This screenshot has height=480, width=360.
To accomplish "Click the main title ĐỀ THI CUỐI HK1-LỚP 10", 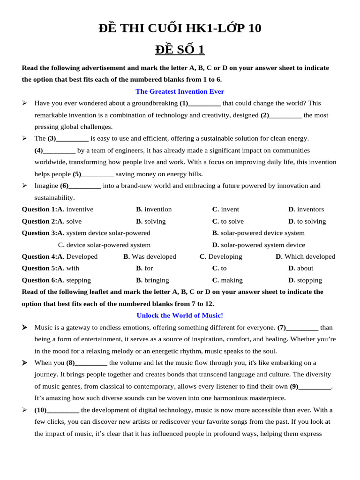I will [x=180, y=29].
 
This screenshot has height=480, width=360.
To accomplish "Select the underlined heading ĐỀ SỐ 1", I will [x=180, y=50].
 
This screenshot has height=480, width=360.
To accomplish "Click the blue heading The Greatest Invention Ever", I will [x=180, y=91].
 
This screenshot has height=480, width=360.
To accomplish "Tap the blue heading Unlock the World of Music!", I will [x=180, y=315].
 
